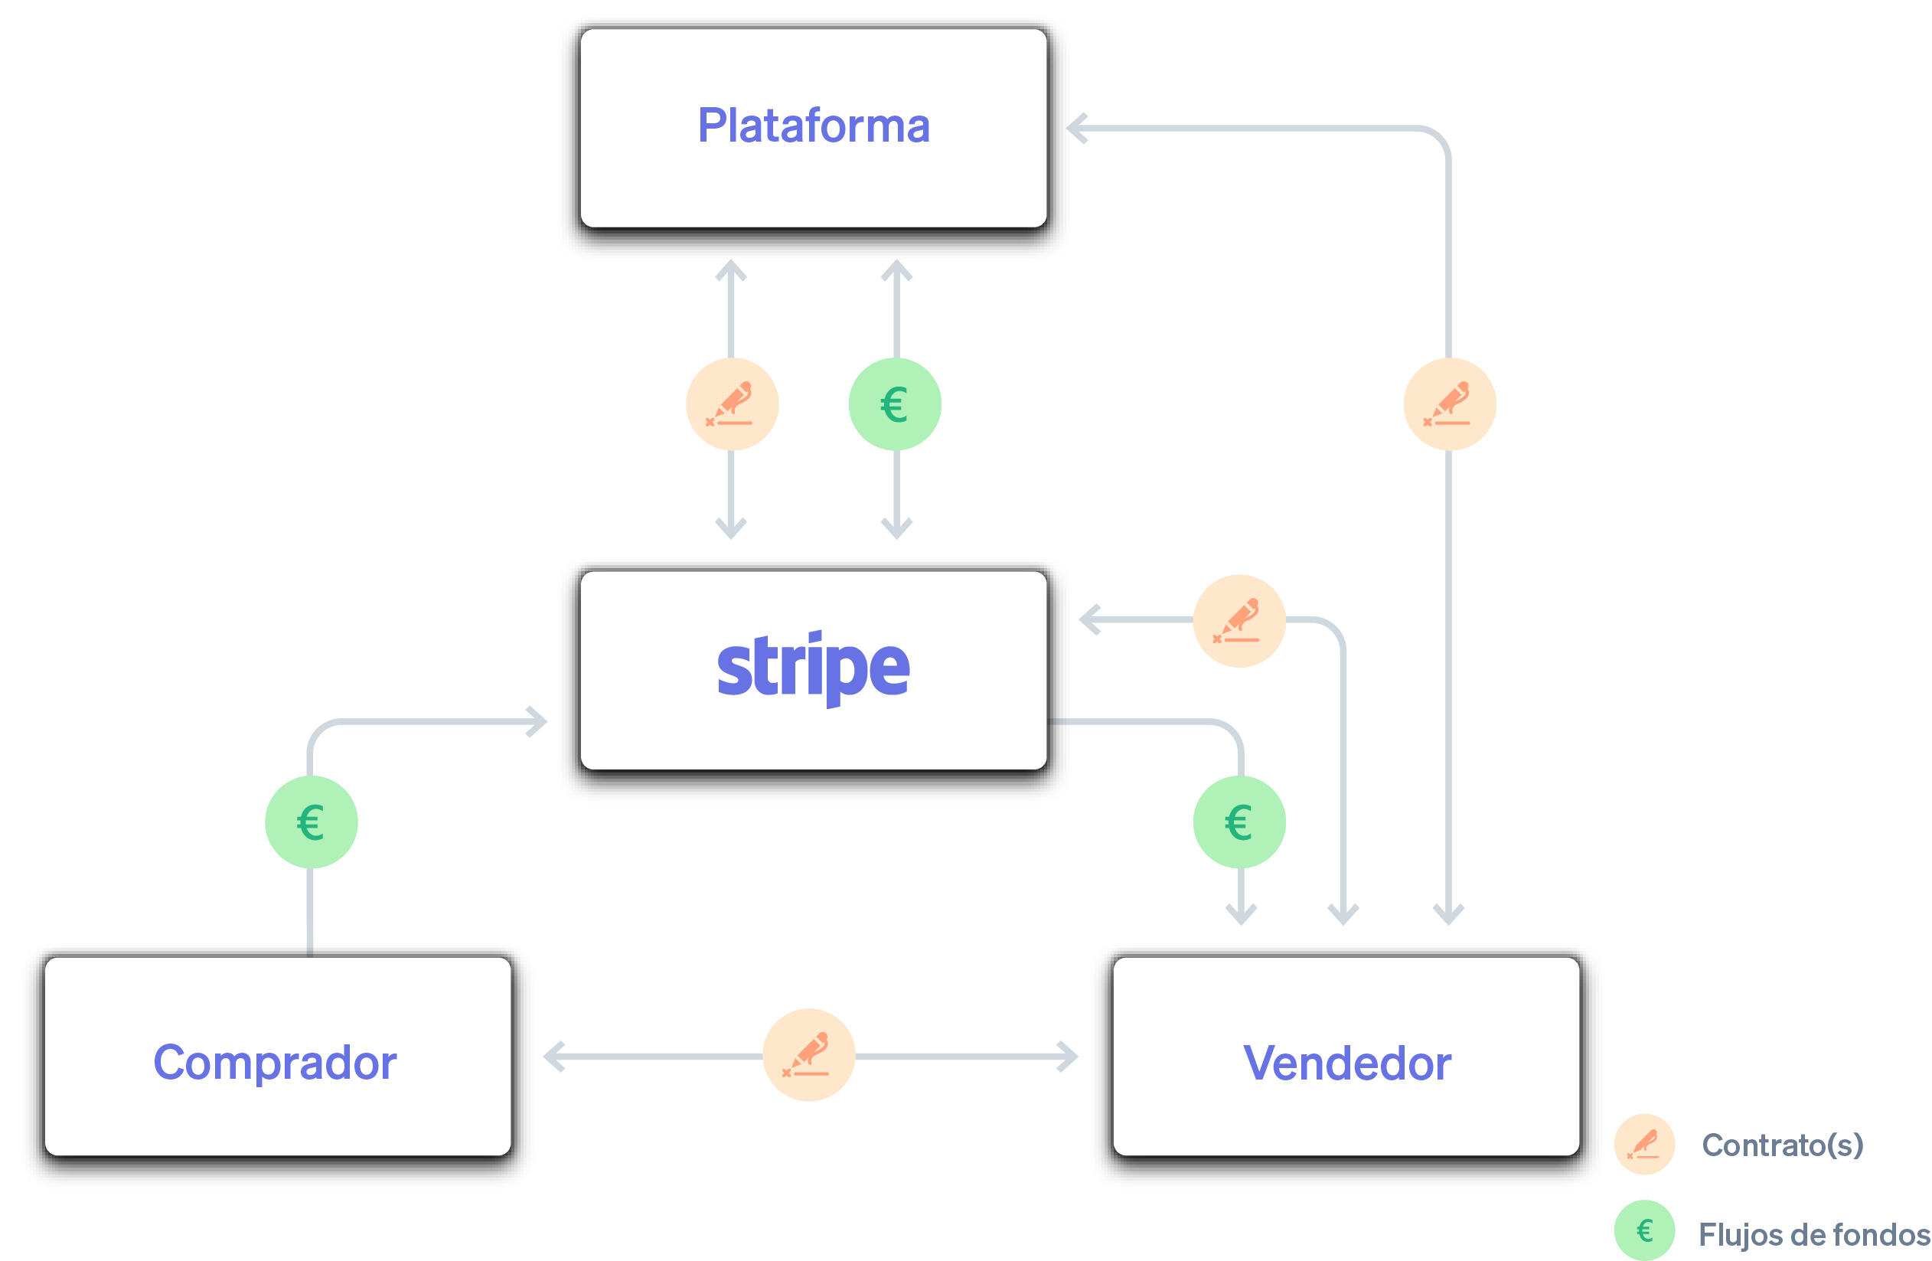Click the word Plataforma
pyautogui.click(x=814, y=126)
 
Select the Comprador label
pyautogui.click(x=276, y=1063)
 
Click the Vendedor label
pyautogui.click(x=1346, y=1063)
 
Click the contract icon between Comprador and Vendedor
pyautogui.click(x=808, y=1055)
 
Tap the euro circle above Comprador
pyautogui.click(x=311, y=822)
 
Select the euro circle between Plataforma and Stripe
pyautogui.click(x=895, y=403)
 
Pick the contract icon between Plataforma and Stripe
pyautogui.click(x=732, y=403)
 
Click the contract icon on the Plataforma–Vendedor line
pyautogui.click(x=1449, y=403)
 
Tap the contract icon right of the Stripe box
pyautogui.click(x=1239, y=620)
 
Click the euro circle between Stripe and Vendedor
pyautogui.click(x=1239, y=822)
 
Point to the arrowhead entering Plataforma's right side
pyautogui.click(x=1076, y=129)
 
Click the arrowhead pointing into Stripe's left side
pyautogui.click(x=538, y=721)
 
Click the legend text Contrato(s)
pyautogui.click(x=1782, y=1145)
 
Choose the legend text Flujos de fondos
pyautogui.click(x=1813, y=1234)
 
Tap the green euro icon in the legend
pyautogui.click(x=1644, y=1230)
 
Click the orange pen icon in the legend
pyautogui.click(x=1644, y=1144)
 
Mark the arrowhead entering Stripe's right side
pyautogui.click(x=1088, y=620)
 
